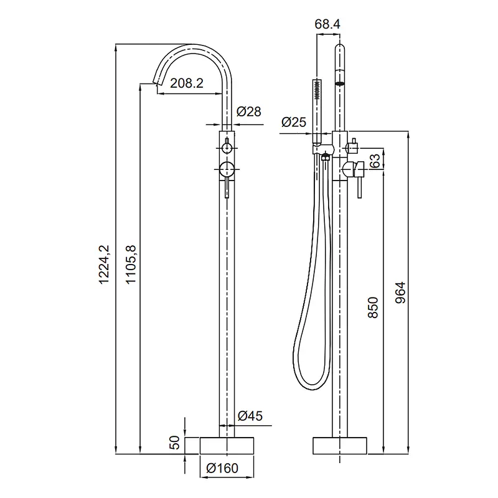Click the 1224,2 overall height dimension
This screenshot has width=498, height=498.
(x=104, y=264)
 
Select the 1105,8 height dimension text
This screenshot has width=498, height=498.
(x=131, y=264)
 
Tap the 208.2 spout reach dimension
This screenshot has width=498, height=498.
(x=186, y=83)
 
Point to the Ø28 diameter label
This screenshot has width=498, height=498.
(x=248, y=111)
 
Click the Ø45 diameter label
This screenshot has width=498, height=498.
(x=250, y=416)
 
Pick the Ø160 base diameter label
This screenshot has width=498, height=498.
(x=222, y=468)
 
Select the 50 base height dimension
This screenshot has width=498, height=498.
(x=174, y=443)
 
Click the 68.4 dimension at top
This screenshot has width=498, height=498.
(x=327, y=24)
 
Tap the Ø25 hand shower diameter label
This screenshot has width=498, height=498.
(x=294, y=122)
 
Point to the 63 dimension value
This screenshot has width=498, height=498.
(x=375, y=161)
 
